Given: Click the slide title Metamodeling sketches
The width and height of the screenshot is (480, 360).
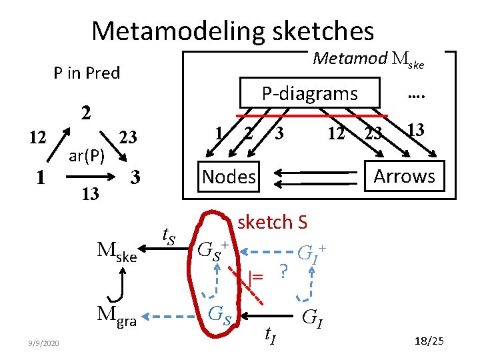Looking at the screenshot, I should pyautogui.click(x=233, y=31).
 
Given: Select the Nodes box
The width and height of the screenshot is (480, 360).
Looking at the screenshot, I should pyautogui.click(x=229, y=177).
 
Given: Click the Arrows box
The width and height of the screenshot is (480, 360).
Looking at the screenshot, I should pyautogui.click(x=404, y=176).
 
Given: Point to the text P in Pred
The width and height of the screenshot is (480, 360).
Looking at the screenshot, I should pyautogui.click(x=87, y=73).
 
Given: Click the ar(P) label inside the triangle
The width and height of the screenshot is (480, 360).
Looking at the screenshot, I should pyautogui.click(x=87, y=156).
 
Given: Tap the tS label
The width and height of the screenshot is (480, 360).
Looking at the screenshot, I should pyautogui.click(x=169, y=234).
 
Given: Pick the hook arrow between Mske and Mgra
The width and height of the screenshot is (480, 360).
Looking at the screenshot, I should pyautogui.click(x=116, y=287).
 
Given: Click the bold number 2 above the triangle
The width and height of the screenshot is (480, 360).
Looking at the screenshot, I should pyautogui.click(x=86, y=113).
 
